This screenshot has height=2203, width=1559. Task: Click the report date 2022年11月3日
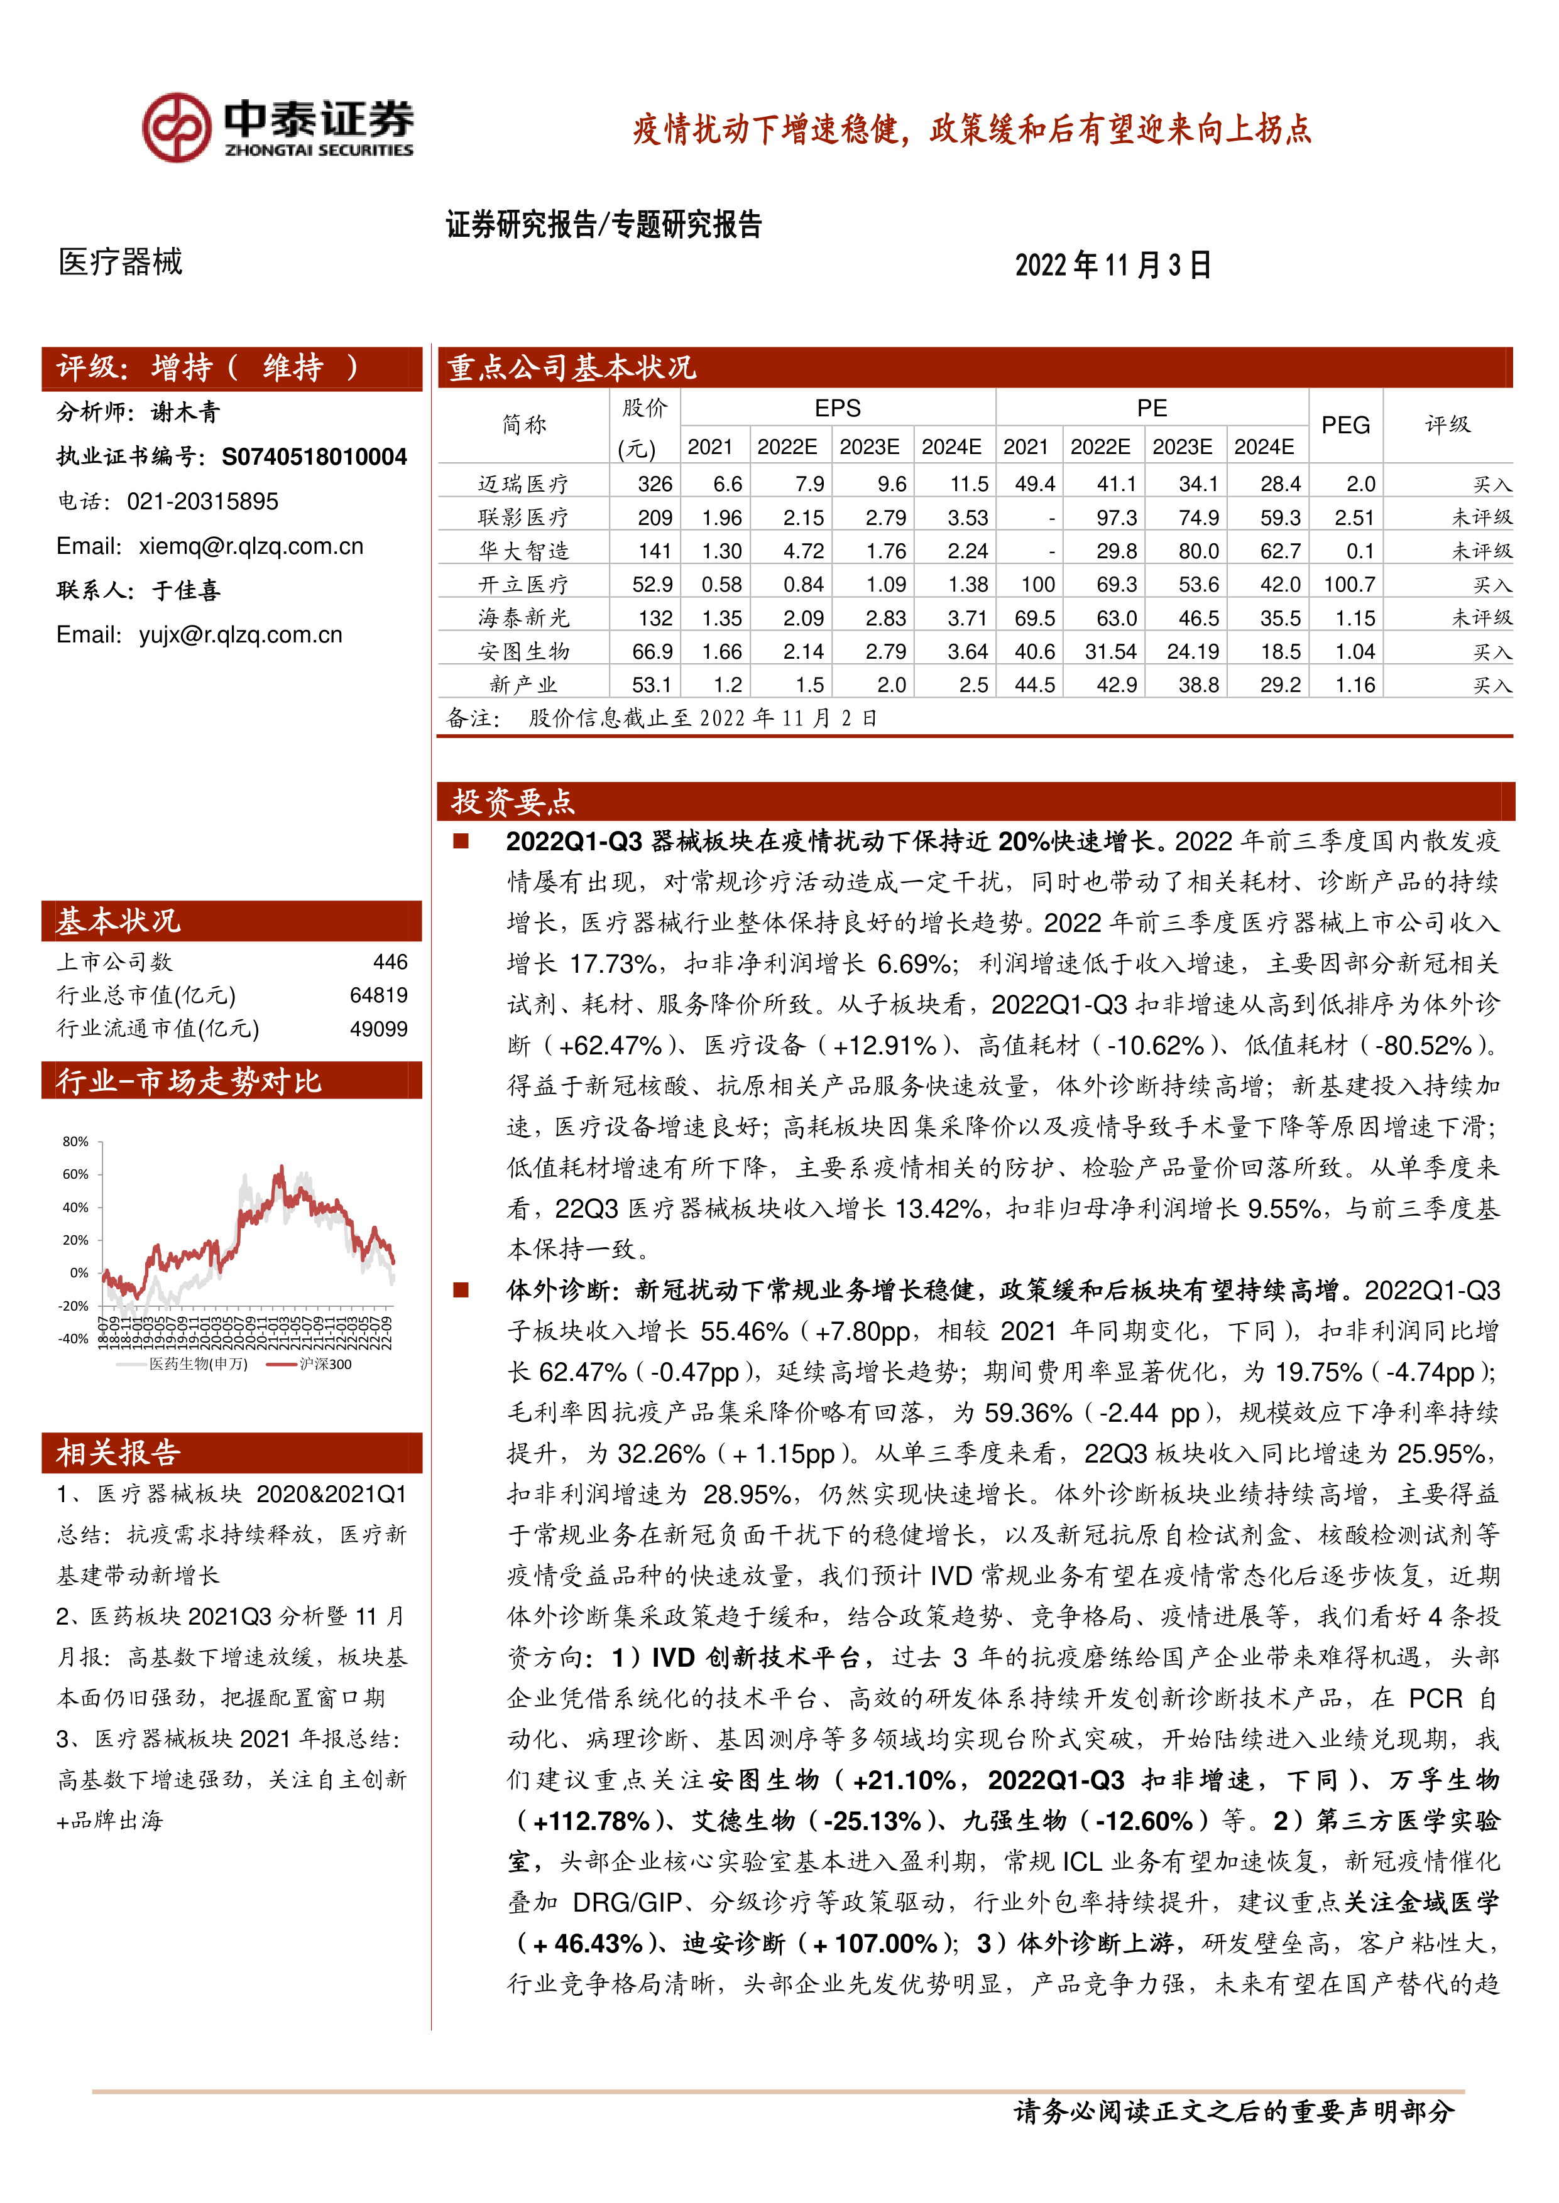(x=1113, y=265)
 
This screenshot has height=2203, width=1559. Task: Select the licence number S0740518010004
(x=314, y=457)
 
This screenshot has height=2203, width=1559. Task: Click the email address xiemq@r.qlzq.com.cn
(x=251, y=546)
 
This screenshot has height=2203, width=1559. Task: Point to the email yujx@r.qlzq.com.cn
(x=240, y=634)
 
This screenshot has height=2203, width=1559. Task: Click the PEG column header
(x=1345, y=425)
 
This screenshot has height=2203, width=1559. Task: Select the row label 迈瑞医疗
(x=523, y=484)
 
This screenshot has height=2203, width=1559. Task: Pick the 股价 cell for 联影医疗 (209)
(x=655, y=517)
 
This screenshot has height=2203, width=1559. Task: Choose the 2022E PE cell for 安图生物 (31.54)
(x=1111, y=651)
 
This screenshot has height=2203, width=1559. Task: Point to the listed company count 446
(x=390, y=961)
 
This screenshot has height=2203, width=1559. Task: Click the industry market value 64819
(x=378, y=995)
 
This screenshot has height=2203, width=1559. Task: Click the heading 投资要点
(x=513, y=801)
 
